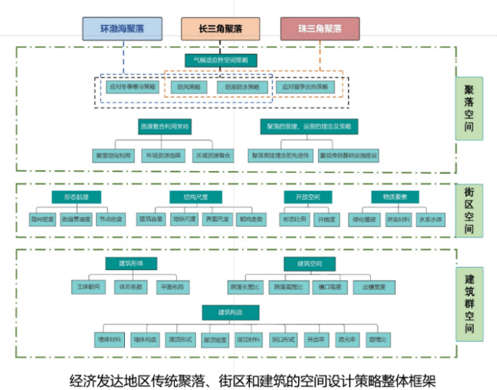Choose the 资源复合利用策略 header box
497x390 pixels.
(165, 126)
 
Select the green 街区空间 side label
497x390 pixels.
(469, 209)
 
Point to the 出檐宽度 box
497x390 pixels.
(374, 287)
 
